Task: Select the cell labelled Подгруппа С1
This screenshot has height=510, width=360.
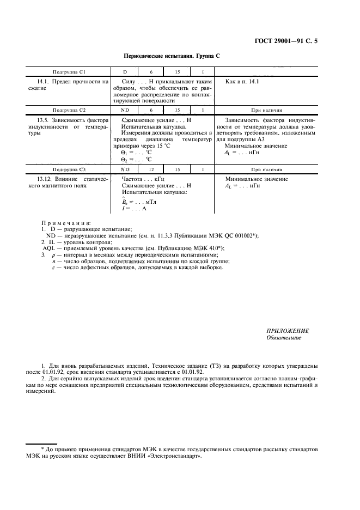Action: coord(69,72)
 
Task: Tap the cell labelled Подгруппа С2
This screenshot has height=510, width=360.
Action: coord(69,110)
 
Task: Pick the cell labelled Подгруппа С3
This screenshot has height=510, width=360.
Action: coord(69,170)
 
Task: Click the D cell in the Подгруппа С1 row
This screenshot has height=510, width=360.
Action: coord(125,72)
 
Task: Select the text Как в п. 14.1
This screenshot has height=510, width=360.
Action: coord(242,81)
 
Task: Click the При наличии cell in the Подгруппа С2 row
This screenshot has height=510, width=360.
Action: coord(266,110)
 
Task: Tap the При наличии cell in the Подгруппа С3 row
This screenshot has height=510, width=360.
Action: coord(266,170)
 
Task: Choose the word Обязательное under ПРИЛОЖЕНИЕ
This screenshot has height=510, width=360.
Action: coord(284,338)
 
